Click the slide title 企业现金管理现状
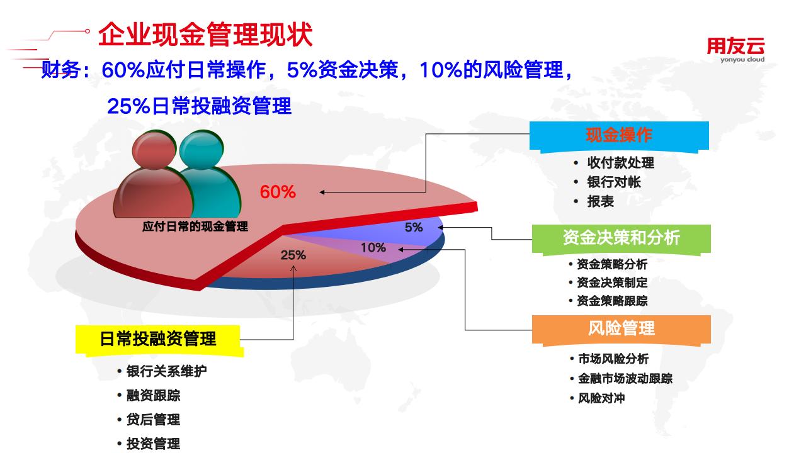click(205, 35)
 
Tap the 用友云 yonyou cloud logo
click(736, 50)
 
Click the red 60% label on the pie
click(278, 192)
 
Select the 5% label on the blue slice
click(414, 227)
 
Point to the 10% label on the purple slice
click(373, 247)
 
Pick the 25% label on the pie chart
click(293, 255)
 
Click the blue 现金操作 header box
click(619, 137)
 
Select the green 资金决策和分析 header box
click(622, 240)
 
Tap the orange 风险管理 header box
click(622, 330)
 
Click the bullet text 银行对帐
click(614, 182)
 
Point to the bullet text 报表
click(601, 201)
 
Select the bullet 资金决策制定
click(612, 282)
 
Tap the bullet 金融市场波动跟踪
click(625, 378)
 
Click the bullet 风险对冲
click(601, 398)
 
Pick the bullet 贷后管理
click(153, 420)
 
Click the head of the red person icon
click(154, 150)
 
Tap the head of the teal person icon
click(201, 150)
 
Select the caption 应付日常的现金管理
click(195, 226)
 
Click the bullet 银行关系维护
click(167, 371)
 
